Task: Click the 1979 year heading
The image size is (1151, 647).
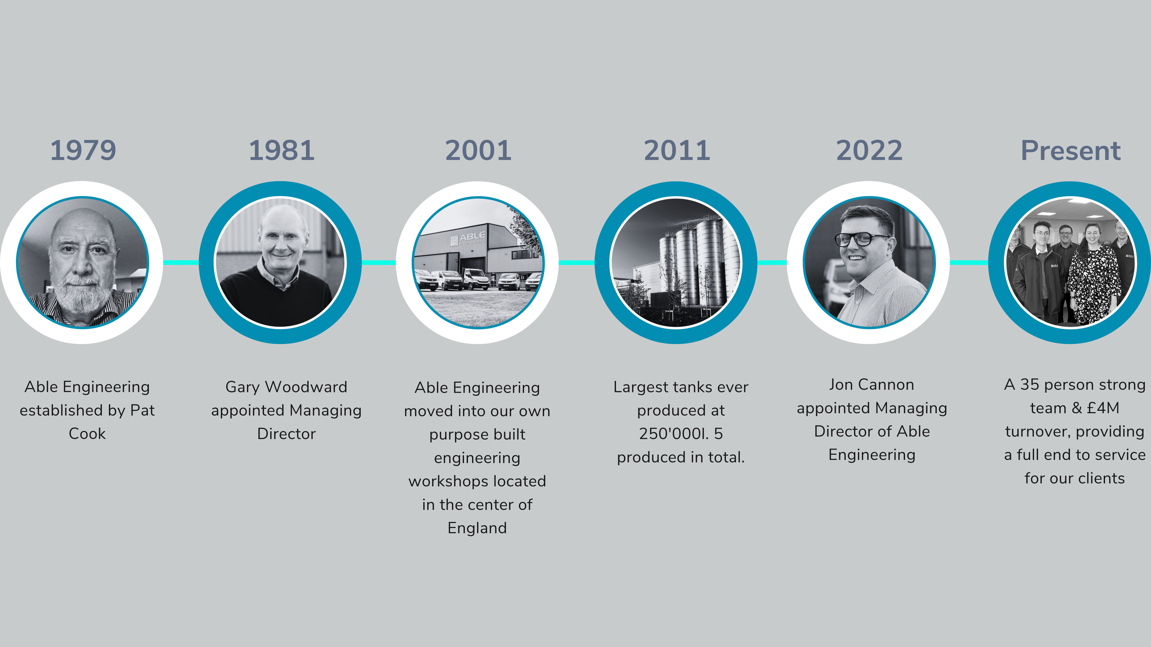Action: click(83, 150)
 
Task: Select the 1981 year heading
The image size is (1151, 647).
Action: click(281, 150)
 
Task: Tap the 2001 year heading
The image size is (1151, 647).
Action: click(478, 150)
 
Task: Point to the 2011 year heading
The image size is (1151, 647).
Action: click(676, 150)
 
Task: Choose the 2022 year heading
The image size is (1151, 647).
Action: click(869, 150)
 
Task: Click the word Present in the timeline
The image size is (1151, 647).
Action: click(1070, 150)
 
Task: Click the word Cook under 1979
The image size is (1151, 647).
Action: click(87, 433)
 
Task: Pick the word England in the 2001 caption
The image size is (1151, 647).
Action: click(477, 528)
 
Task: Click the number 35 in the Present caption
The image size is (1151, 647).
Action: click(1029, 385)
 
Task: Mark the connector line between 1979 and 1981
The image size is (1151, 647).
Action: click(181, 262)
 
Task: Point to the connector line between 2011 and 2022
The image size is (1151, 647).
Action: click(772, 262)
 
